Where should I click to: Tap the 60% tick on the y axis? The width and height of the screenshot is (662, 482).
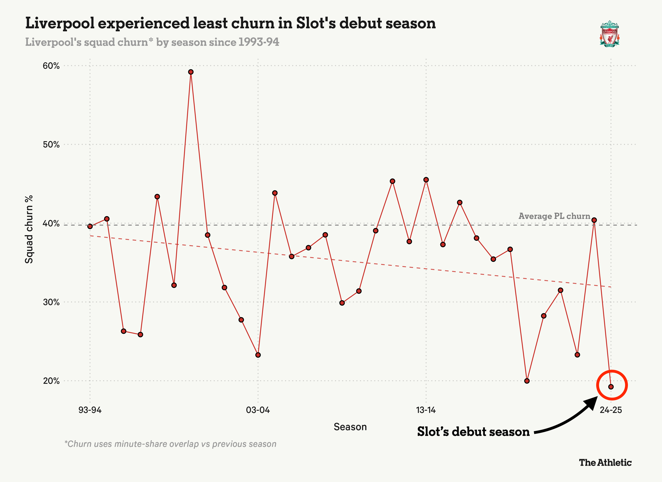click(51, 66)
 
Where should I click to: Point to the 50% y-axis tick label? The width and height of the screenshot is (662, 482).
click(51, 145)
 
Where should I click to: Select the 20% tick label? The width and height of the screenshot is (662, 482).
click(51, 381)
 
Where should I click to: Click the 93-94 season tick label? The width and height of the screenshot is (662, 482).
click(90, 410)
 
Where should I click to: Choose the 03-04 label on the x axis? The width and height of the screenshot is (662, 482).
click(258, 410)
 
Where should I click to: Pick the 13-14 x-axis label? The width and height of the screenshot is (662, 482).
click(426, 410)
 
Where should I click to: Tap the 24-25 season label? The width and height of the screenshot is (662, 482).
click(611, 410)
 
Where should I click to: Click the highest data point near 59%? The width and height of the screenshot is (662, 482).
click(191, 72)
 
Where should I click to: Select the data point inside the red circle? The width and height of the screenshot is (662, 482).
click(611, 387)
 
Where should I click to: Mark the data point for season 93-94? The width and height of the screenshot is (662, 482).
click(90, 226)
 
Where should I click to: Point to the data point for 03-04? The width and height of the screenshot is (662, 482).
click(258, 355)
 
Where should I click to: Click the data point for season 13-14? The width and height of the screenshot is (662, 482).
click(426, 180)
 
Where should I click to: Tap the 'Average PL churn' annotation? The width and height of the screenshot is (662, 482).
click(554, 216)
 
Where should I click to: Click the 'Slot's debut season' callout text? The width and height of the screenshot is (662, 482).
click(473, 432)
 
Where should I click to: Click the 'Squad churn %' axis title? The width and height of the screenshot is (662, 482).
click(29, 230)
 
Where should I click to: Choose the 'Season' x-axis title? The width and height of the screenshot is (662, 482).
click(350, 427)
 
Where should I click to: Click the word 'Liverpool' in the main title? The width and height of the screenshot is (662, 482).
click(60, 23)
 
